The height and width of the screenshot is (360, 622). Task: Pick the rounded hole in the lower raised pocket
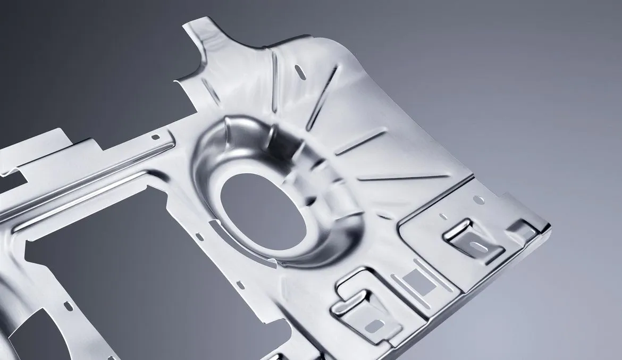374,324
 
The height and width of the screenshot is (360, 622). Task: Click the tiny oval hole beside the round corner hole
443,216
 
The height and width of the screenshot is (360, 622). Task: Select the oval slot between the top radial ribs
301,73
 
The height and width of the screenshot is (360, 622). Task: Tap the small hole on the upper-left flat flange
155,137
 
